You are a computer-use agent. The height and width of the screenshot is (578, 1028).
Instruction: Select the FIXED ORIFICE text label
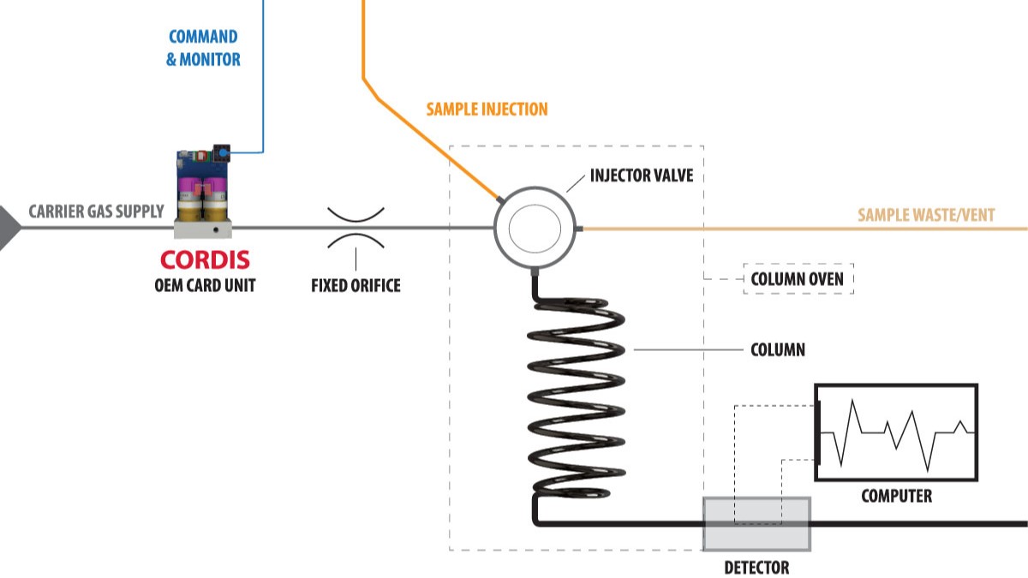[356, 285]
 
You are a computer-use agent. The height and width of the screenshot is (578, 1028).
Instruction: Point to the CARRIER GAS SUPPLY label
[96, 212]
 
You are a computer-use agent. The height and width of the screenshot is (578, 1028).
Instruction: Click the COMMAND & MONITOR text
[203, 48]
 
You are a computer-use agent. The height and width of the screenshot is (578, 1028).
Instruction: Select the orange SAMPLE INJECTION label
[487, 110]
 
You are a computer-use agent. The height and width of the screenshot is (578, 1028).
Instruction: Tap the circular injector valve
[535, 228]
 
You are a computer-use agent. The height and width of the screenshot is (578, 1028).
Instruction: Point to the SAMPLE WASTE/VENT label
[927, 215]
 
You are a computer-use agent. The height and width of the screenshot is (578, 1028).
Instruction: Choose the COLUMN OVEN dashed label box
[798, 279]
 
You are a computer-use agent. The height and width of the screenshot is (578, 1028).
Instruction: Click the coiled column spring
[576, 394]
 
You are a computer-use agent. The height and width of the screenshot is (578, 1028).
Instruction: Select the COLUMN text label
[778, 350]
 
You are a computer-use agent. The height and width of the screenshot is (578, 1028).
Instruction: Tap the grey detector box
[756, 523]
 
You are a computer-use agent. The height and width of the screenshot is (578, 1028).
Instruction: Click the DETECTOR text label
[756, 567]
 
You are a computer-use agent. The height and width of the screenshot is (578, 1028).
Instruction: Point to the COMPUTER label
[896, 496]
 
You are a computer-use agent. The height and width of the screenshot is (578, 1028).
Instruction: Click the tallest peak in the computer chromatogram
[852, 402]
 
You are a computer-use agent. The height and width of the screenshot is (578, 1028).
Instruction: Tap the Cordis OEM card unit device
[204, 193]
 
